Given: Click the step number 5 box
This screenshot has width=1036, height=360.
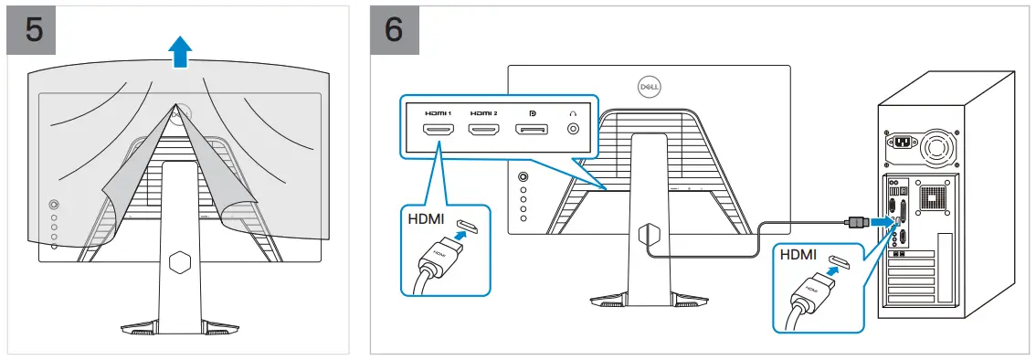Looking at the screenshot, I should [33, 29].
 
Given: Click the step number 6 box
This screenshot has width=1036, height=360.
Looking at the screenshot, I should [395, 29].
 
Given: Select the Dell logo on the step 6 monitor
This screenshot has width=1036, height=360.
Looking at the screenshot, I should [648, 86].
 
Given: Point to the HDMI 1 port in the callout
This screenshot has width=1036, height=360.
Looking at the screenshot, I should [439, 130].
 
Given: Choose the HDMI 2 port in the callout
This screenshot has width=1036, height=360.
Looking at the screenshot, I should [483, 130].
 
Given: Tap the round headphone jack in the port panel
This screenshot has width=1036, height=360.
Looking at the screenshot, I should [573, 130].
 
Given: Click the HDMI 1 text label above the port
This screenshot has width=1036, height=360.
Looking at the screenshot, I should [439, 111].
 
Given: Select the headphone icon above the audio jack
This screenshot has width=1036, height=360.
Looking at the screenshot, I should [573, 111].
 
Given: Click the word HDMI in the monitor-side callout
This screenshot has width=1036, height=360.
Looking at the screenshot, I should [426, 220].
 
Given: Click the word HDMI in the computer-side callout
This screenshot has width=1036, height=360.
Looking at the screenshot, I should [798, 258].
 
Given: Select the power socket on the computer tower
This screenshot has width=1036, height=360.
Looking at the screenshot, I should [902, 143].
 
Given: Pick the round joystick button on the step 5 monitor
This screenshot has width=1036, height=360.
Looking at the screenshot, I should [53, 206].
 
